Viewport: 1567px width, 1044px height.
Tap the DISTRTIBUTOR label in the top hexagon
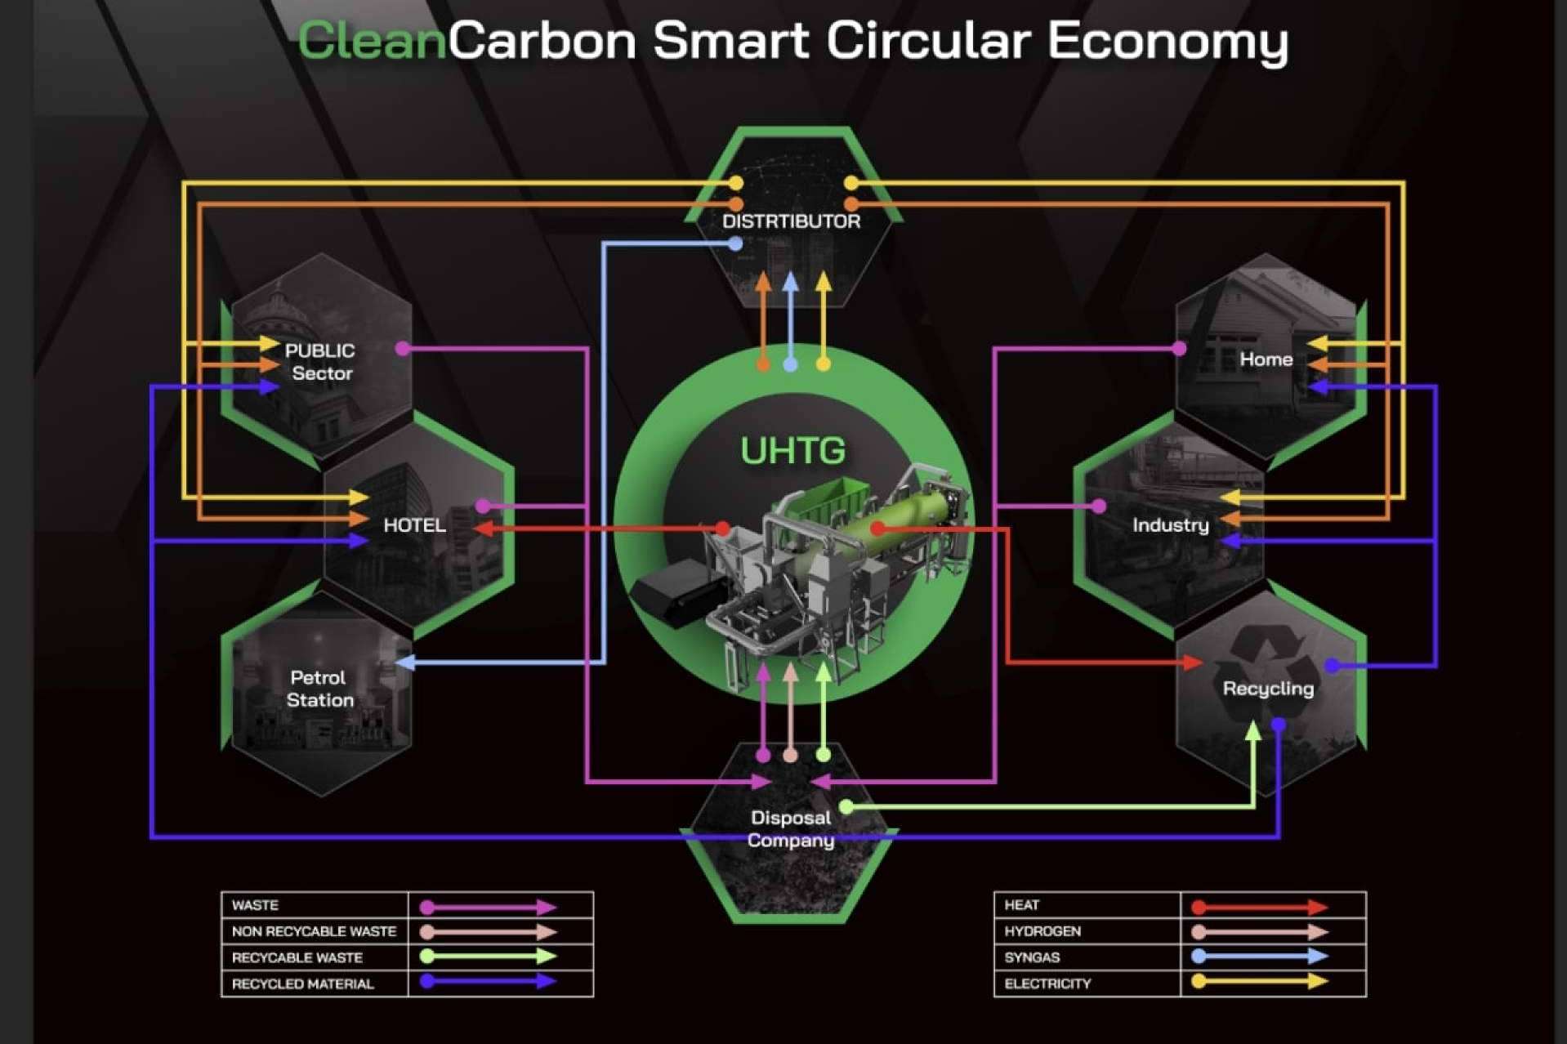(x=791, y=221)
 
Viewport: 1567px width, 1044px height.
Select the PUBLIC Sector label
(x=320, y=362)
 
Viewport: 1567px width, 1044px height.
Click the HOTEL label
(x=415, y=525)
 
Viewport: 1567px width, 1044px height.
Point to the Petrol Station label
(x=319, y=689)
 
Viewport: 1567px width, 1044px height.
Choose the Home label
(x=1266, y=359)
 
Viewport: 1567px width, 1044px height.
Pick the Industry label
(x=1170, y=525)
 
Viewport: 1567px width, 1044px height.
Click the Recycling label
(x=1268, y=689)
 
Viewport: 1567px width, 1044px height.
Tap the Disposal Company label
(x=790, y=829)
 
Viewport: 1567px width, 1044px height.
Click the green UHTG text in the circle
(x=792, y=451)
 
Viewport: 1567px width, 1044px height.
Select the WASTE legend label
(x=255, y=905)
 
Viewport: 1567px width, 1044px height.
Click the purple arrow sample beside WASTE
(x=488, y=907)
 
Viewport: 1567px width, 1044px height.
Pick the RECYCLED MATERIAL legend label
(x=302, y=984)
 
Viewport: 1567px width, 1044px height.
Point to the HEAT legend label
(x=1021, y=905)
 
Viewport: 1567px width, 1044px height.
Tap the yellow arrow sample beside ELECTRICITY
(x=1260, y=981)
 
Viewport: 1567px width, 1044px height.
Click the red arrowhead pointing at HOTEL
(x=483, y=529)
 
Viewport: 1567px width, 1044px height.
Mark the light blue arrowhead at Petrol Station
(x=405, y=662)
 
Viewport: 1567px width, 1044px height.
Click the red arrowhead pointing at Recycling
(x=1194, y=662)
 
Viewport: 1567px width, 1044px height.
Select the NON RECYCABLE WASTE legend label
(x=314, y=931)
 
